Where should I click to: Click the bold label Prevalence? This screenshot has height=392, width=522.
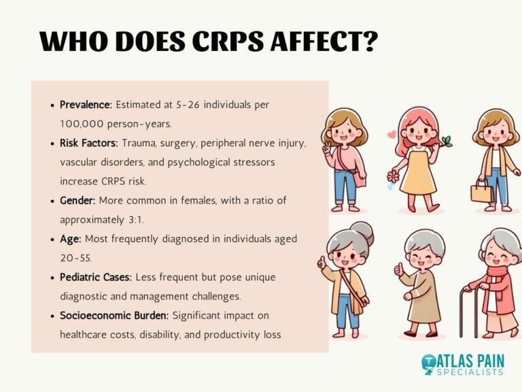86,105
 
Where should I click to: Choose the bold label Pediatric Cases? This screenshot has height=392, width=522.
96,278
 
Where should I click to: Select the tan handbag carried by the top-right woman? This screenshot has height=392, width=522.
481,192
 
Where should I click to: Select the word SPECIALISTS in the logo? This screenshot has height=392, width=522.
474,372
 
